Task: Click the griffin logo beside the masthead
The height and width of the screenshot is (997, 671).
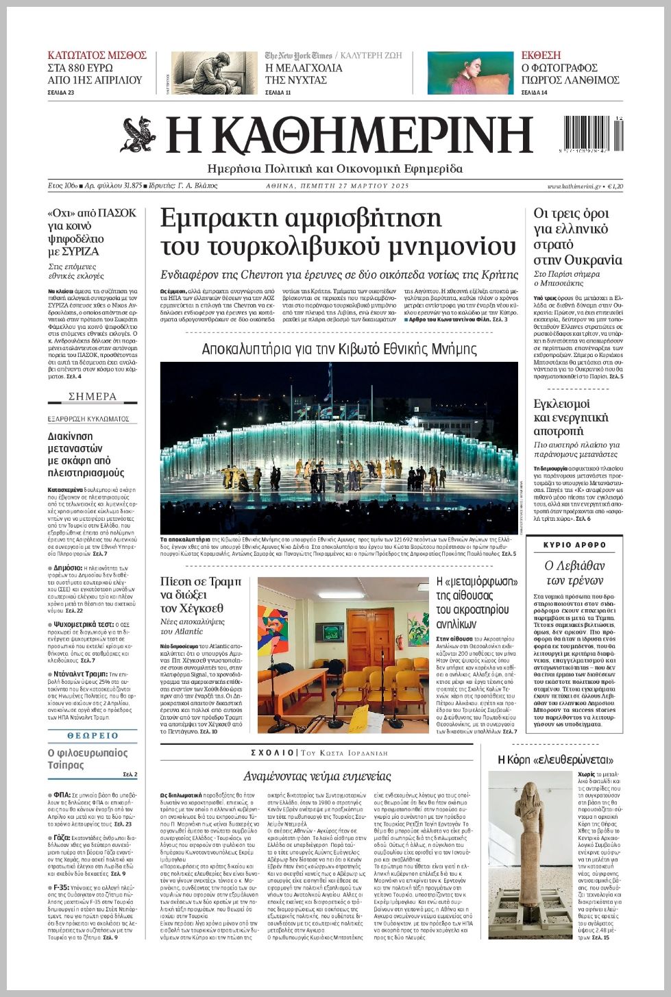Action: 138,135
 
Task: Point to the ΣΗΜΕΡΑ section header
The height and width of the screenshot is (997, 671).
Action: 93,397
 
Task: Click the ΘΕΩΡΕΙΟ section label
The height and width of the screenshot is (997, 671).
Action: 93,735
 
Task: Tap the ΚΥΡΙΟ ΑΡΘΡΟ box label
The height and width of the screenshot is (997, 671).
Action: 575,545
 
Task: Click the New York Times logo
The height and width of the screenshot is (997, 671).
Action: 299,56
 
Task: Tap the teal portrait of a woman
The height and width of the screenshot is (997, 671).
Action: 470,73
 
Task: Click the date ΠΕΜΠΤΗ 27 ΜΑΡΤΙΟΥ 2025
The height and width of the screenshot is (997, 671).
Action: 337,186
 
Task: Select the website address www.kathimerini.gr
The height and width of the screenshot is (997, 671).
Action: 574,186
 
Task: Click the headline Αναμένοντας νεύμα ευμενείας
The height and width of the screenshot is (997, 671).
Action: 317,776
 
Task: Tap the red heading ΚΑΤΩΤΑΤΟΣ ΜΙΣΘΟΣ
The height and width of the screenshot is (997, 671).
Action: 97,55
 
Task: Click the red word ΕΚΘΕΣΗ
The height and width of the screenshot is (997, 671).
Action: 541,55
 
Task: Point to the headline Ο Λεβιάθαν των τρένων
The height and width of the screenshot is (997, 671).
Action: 574,573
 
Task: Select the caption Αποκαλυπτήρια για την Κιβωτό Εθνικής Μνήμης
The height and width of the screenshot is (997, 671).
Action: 339,349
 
